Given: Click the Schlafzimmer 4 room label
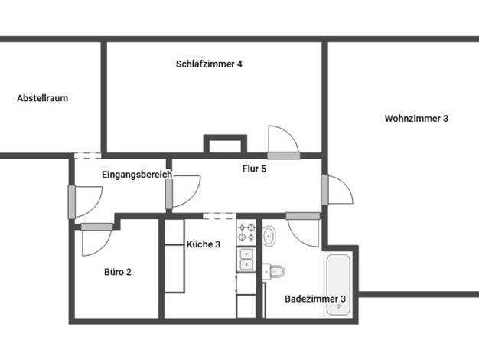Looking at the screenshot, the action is click(x=209, y=64).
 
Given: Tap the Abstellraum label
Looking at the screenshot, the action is click(x=42, y=98).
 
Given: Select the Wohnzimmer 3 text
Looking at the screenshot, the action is click(x=416, y=119).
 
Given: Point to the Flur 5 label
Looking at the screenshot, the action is click(x=254, y=169).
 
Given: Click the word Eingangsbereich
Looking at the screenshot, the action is click(x=137, y=175).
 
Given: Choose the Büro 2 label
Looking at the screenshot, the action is click(x=118, y=272).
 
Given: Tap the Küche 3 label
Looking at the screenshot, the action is click(x=203, y=244).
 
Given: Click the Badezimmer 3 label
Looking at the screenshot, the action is click(x=315, y=299).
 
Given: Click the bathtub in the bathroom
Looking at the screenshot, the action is click(x=338, y=284).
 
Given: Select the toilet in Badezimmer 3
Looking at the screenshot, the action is click(x=274, y=271).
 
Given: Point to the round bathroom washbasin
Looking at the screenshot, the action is click(x=269, y=235).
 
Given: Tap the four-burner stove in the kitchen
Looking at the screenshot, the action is click(x=246, y=232).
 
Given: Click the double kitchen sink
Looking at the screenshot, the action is click(x=246, y=260).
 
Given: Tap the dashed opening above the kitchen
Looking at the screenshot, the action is click(x=220, y=216).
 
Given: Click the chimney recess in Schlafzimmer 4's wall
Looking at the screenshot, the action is click(x=225, y=143).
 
